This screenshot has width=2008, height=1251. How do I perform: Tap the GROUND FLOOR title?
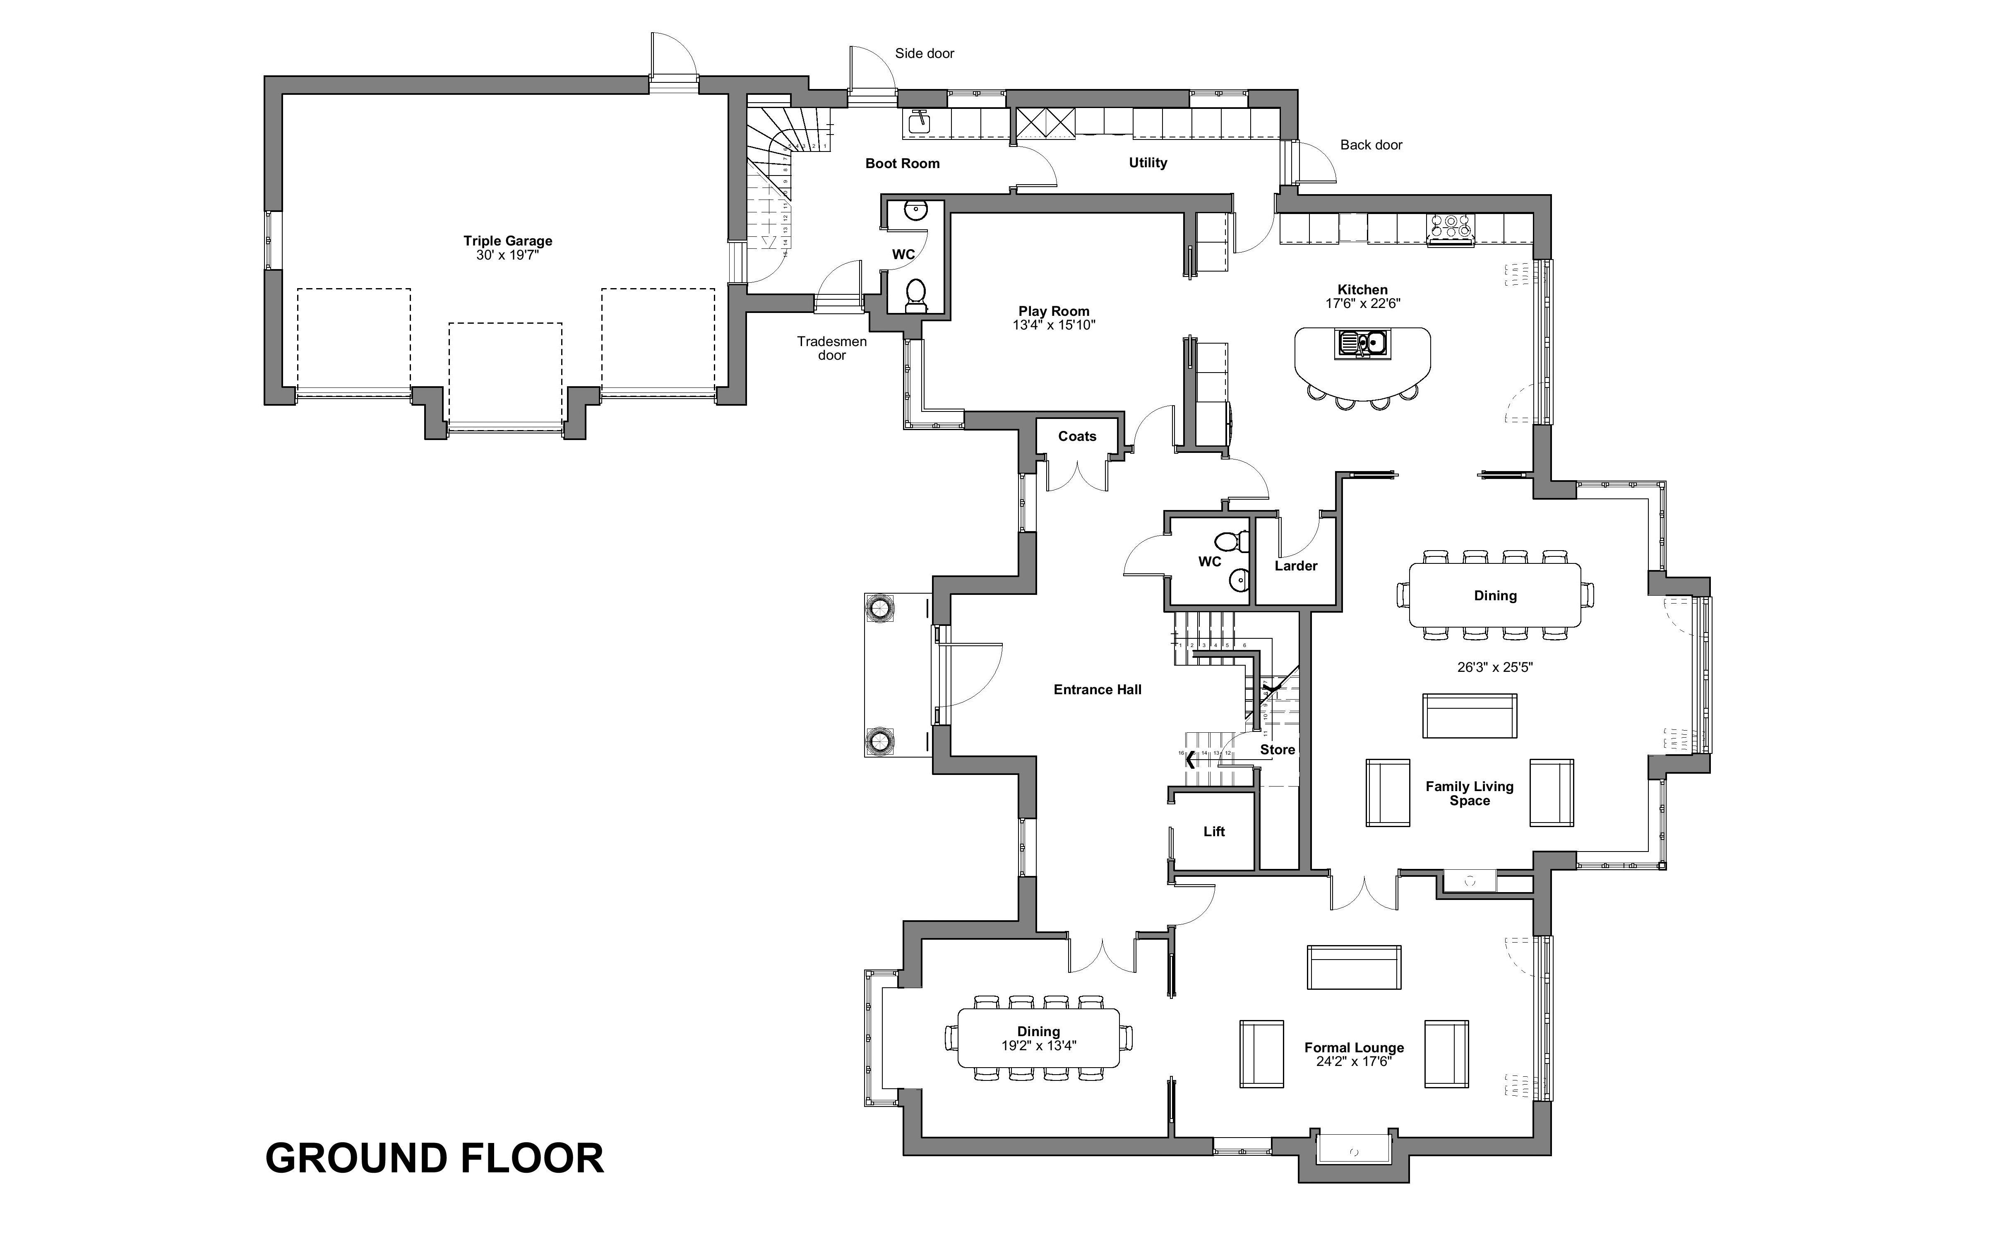(434, 1158)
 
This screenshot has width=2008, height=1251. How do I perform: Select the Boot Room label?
(902, 164)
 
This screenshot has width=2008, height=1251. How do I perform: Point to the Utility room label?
(1148, 163)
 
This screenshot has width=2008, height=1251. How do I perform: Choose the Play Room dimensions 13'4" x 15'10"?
(1054, 325)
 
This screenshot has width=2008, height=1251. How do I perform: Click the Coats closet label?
(1077, 436)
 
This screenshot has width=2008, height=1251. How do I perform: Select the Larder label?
(1295, 566)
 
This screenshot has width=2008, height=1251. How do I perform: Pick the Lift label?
(1213, 832)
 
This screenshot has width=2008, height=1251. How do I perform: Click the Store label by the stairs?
(1277, 750)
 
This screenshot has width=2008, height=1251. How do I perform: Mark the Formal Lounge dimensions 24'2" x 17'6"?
(1354, 1061)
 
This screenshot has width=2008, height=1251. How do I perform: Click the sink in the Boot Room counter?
(918, 123)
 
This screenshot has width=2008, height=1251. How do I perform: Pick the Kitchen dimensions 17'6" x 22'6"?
(1362, 304)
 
